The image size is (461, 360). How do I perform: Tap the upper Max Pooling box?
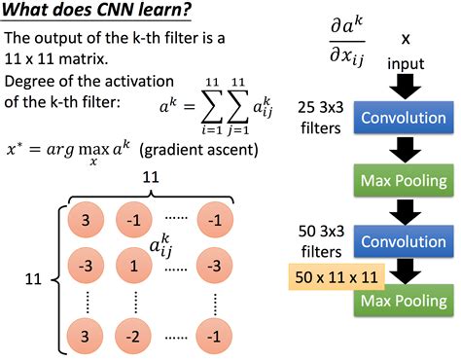[x=400, y=180]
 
